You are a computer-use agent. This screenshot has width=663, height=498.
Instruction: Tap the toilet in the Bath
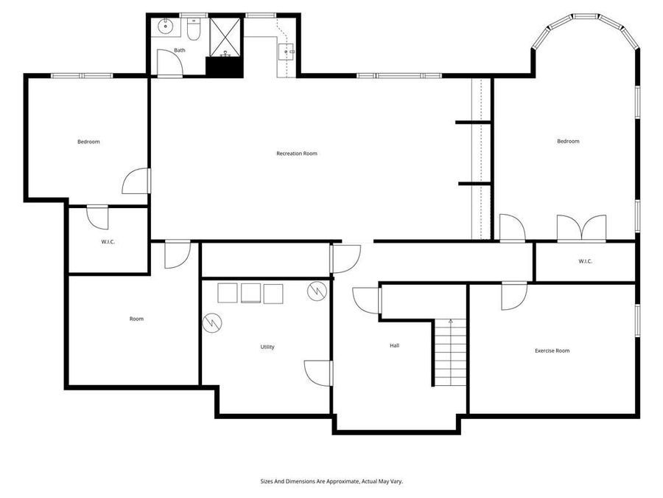[x=194, y=30]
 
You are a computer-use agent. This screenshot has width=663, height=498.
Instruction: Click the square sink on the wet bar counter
[x=287, y=52]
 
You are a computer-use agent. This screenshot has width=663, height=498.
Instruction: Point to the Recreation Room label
[x=296, y=153]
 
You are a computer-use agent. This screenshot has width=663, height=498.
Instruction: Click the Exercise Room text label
[x=552, y=350]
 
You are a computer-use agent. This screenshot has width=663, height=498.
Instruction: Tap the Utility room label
[x=267, y=347]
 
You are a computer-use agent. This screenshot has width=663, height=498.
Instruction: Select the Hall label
[x=395, y=345]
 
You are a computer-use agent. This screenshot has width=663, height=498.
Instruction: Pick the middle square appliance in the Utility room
[x=251, y=293]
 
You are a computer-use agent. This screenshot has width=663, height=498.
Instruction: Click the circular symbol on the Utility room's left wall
[x=212, y=322]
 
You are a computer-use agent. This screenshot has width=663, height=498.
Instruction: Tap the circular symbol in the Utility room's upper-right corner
[x=316, y=290]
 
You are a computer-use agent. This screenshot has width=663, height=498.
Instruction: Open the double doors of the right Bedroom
[x=581, y=228]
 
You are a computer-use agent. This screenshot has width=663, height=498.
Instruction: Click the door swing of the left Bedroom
[x=136, y=181]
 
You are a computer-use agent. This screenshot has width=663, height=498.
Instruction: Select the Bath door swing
[x=170, y=66]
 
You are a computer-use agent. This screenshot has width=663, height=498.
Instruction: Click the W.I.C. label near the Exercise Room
[x=586, y=261]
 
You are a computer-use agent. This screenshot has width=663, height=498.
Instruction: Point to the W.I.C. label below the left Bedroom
[x=108, y=242]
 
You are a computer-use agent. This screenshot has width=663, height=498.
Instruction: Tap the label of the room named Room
[x=136, y=319]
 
